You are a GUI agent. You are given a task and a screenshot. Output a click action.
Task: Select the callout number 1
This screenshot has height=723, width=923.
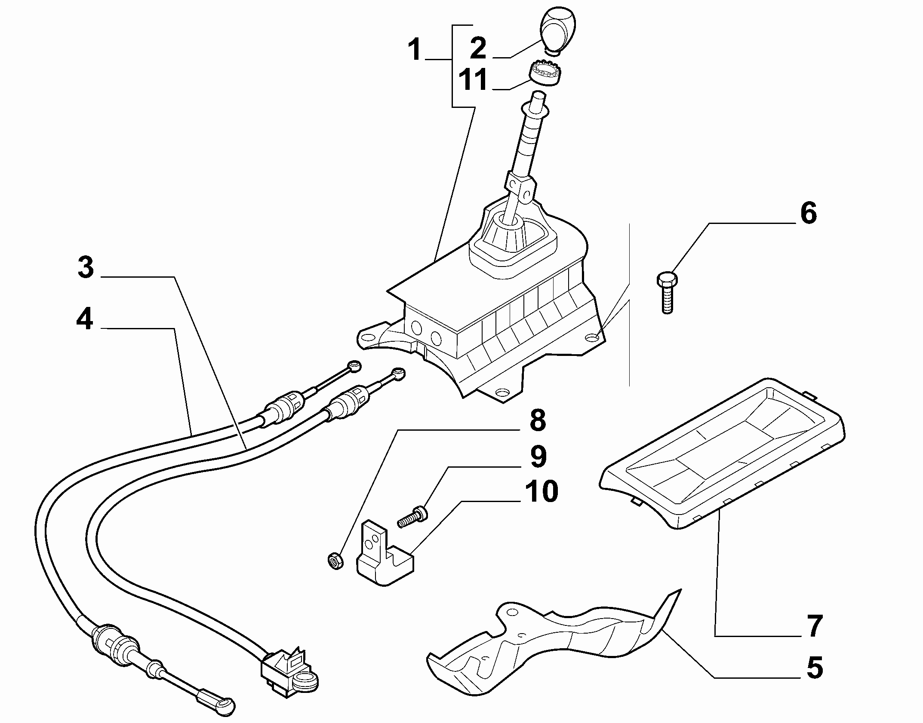pos(415,50)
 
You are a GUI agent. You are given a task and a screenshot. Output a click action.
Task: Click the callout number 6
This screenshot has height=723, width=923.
pos(808,213)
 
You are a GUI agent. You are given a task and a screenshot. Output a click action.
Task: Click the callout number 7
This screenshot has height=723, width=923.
pos(813,626)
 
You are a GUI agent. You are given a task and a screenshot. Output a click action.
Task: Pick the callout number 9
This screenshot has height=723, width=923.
pos(538,457)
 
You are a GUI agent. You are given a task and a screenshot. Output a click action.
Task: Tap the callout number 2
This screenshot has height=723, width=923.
pos(477,49)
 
